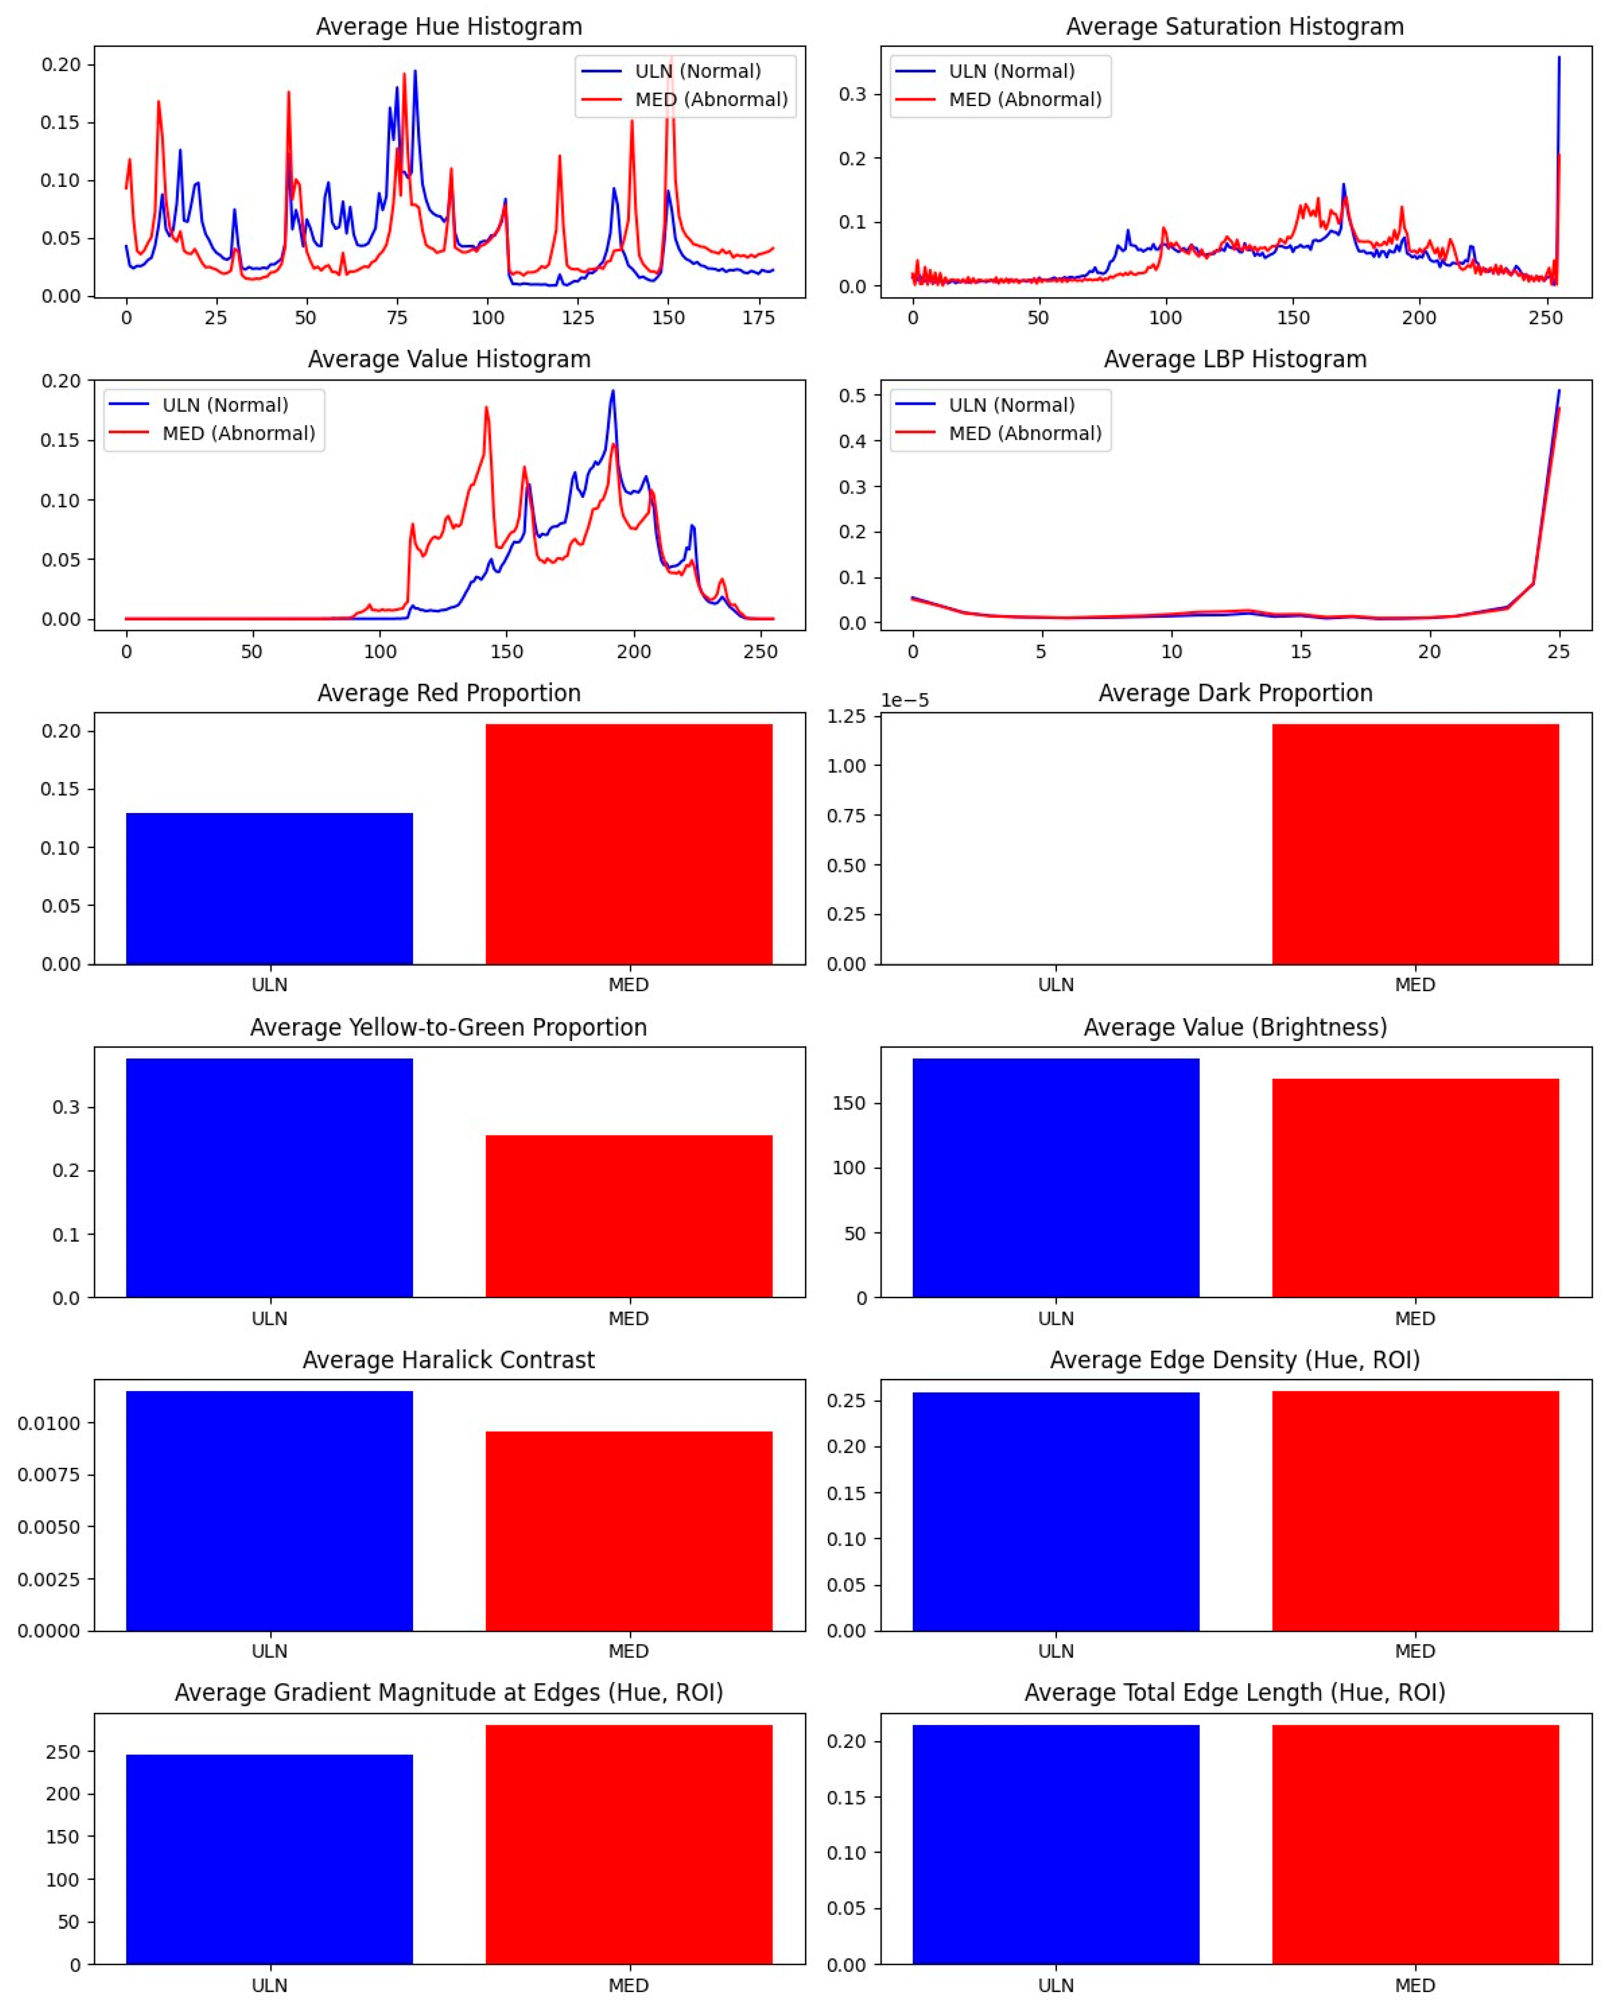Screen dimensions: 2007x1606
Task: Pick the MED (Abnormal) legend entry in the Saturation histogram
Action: click(1024, 100)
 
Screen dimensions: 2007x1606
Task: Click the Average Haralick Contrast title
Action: click(449, 1360)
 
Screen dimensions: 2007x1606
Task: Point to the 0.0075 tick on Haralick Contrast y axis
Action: click(49, 1474)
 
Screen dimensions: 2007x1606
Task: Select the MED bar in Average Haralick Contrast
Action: click(629, 1531)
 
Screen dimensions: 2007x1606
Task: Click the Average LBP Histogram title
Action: click(1234, 359)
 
